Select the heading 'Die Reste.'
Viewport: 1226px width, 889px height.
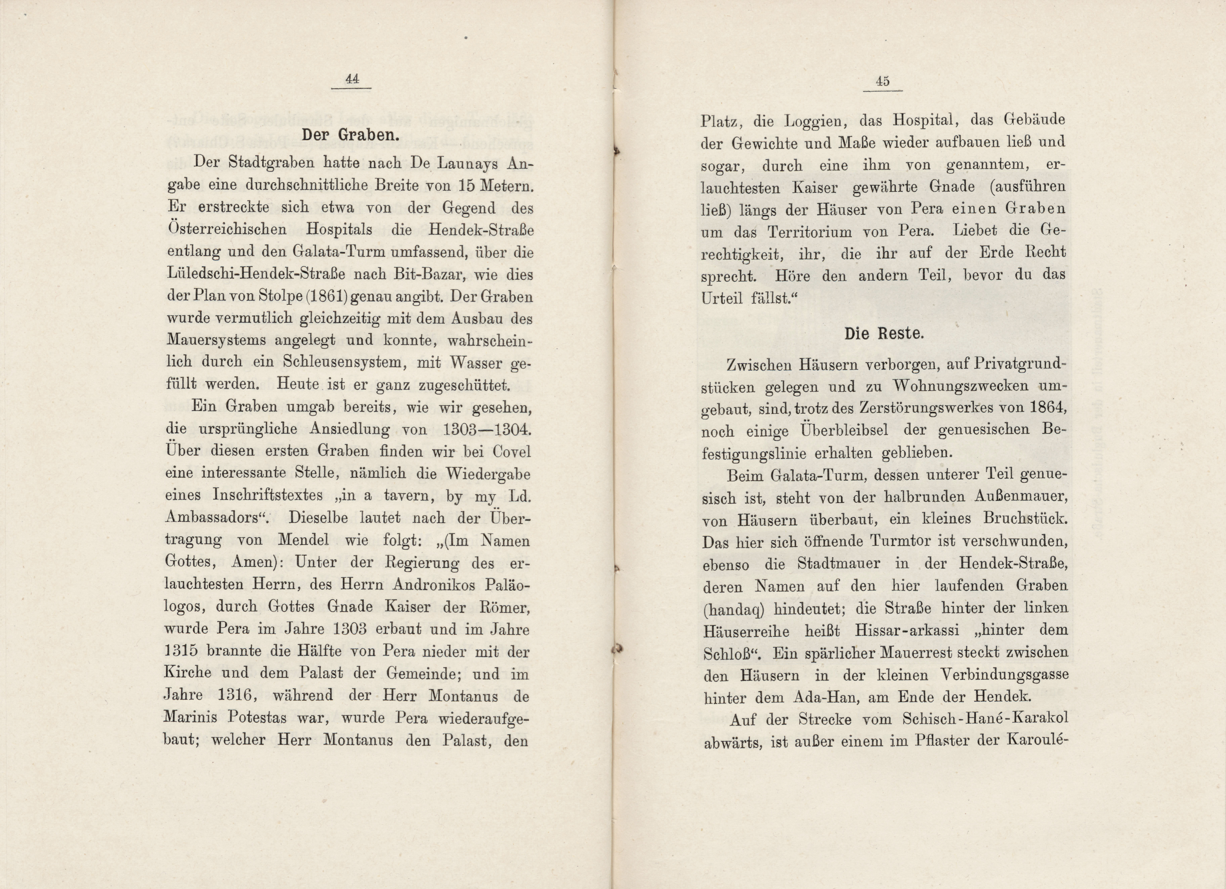pyautogui.click(x=884, y=334)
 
